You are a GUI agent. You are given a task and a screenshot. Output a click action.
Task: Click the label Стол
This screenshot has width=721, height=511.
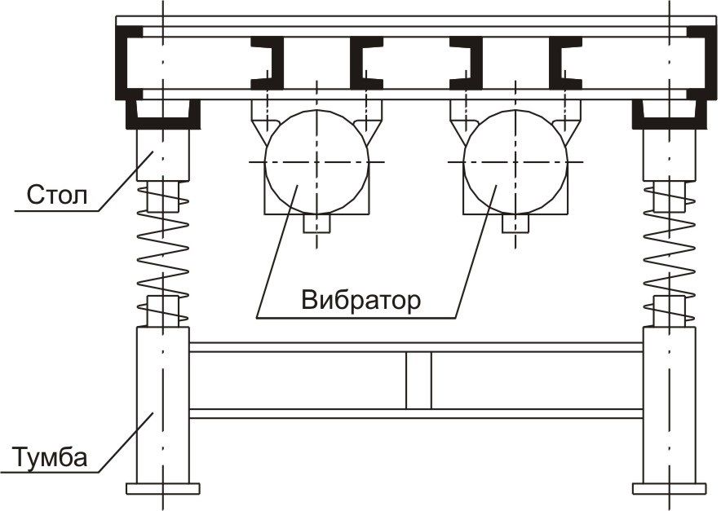(57, 195)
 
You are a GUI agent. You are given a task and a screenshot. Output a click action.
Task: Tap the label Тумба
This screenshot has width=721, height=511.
(49, 456)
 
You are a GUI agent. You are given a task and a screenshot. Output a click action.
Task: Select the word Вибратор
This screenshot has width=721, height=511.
(361, 300)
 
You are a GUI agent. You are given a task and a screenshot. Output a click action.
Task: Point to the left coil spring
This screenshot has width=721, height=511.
(163, 253)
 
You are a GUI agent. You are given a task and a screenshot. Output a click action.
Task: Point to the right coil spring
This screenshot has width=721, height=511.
(670, 253)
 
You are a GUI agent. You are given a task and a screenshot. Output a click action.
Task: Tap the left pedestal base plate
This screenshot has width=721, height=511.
(163, 488)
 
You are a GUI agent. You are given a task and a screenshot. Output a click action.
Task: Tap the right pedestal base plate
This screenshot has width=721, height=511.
(670, 488)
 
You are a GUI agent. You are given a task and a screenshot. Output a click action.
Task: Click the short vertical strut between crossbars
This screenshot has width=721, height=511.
(418, 381)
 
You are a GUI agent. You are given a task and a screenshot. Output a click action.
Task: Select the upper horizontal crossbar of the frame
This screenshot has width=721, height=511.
(416, 347)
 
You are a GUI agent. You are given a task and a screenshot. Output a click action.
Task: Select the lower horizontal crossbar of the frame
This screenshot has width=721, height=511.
(416, 413)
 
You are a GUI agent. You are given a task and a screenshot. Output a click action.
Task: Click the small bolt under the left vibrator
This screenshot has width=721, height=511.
(316, 224)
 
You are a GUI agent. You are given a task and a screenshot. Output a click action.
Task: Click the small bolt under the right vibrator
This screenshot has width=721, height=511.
(515, 224)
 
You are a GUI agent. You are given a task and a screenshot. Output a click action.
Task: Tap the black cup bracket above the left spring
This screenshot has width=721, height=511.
(163, 123)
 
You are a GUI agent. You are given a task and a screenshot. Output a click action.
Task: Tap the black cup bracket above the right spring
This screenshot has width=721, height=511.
(670, 123)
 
